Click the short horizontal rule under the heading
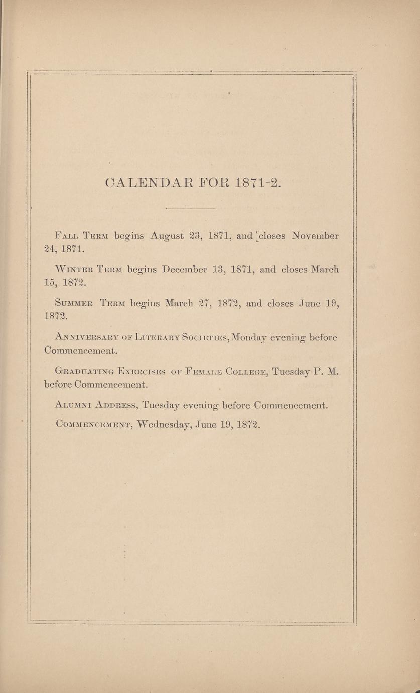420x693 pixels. tap(190, 208)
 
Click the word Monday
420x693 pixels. tap(249, 338)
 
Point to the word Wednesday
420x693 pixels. tap(163, 425)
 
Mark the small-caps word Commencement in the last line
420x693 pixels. tap(94, 425)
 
